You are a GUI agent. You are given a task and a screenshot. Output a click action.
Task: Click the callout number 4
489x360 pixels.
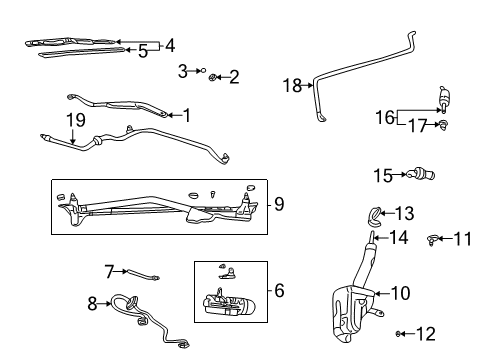(x=170, y=44)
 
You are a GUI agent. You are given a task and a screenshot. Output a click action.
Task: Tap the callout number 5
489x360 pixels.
(x=143, y=51)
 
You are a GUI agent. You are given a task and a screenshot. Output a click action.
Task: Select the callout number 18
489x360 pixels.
(x=292, y=86)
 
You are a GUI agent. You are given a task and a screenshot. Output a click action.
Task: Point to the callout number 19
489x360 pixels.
(x=73, y=121)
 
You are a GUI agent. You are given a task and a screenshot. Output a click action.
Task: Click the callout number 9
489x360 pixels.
(x=279, y=204)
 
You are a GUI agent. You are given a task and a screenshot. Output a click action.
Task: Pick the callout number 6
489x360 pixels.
(x=279, y=291)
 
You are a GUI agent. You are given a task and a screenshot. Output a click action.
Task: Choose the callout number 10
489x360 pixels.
(x=400, y=293)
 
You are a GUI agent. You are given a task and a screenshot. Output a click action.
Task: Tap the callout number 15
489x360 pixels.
(x=382, y=175)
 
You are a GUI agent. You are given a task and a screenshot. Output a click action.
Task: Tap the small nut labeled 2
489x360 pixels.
(x=215, y=76)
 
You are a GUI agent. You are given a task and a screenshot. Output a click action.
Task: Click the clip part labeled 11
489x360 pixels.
(x=434, y=238)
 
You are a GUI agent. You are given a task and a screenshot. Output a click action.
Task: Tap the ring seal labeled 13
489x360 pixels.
(x=374, y=212)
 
